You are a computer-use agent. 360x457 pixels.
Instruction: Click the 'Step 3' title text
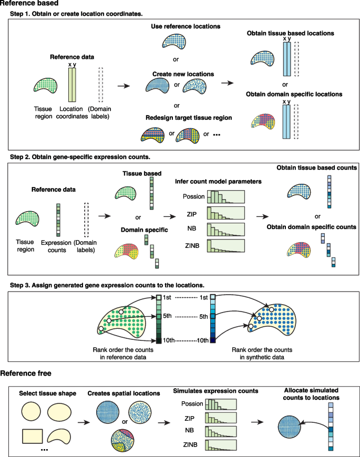point(109,284)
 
